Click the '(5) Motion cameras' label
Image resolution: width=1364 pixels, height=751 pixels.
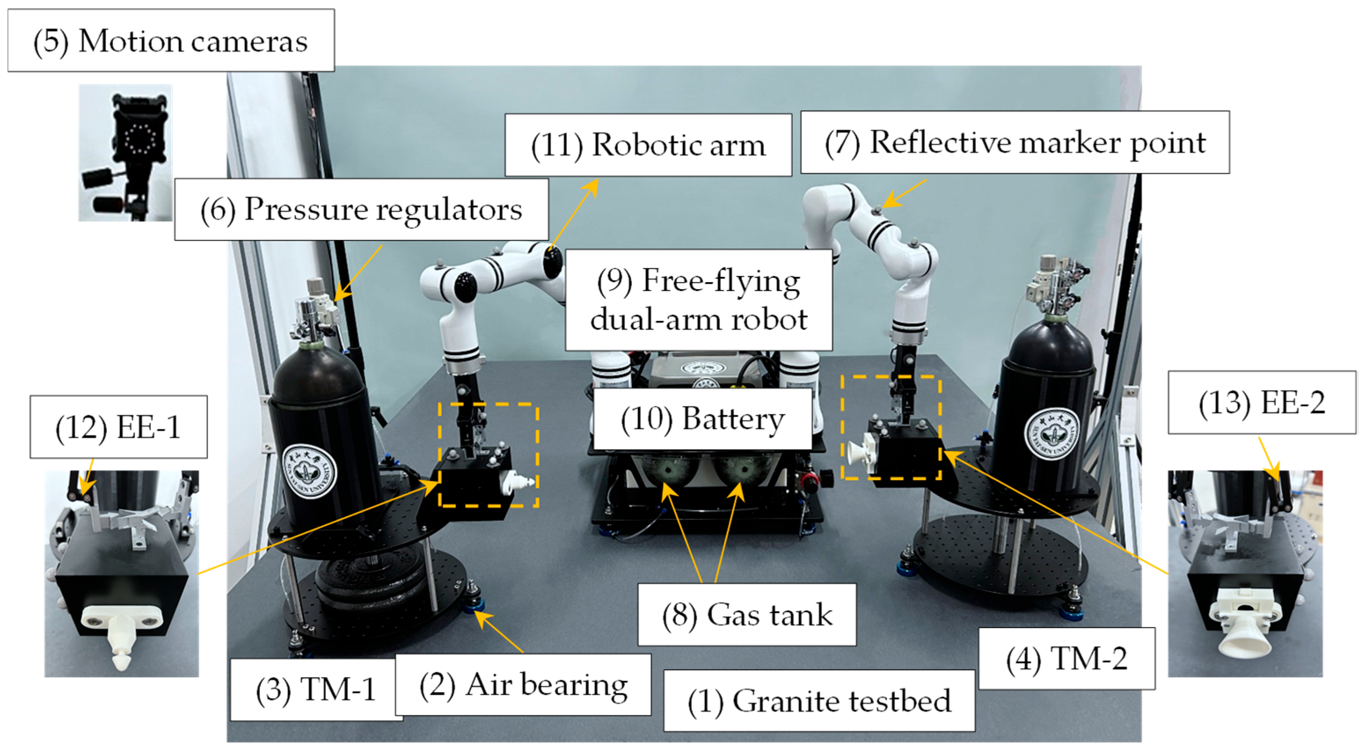tap(171, 41)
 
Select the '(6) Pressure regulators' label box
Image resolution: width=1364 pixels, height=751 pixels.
tap(361, 210)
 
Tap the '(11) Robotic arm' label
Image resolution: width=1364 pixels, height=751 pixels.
tap(648, 145)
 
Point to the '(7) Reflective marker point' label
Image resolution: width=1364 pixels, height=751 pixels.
tap(1014, 142)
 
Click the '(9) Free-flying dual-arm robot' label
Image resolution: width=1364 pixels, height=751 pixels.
tap(698, 300)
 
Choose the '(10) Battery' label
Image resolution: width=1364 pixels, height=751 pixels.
tap(702, 419)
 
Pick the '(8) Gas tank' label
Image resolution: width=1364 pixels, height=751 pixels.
tap(747, 615)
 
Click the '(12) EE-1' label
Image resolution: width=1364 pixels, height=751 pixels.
tap(118, 427)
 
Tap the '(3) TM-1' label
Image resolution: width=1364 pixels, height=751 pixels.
tap(316, 689)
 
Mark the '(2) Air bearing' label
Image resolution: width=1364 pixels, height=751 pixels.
tap(523, 685)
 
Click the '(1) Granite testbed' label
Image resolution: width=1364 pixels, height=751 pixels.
tap(819, 701)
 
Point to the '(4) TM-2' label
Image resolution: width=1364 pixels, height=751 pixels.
tap(1066, 659)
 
